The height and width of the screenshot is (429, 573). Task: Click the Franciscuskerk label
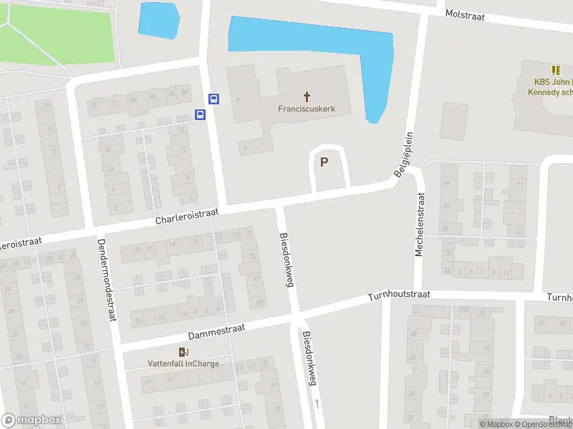pos(307,109)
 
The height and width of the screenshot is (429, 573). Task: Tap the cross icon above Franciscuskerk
pos(307,96)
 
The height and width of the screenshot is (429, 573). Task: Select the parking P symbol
pos(324,162)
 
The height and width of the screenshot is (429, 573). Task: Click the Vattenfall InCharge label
pos(183,363)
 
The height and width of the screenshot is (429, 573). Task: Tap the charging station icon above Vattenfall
pos(184,351)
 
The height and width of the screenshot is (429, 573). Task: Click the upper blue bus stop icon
pos(213,99)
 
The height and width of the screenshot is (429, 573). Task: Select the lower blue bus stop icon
pos(201,114)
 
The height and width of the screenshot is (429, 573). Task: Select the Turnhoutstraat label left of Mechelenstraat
pos(399,295)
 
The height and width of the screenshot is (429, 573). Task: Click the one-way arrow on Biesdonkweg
pos(317,404)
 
